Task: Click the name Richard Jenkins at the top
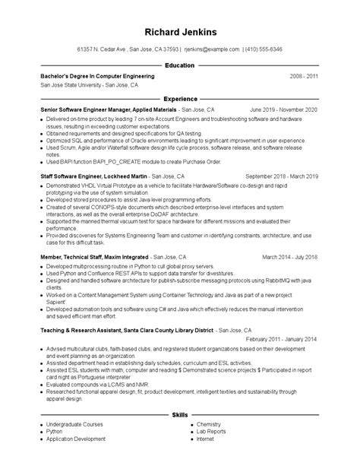coord(180,32)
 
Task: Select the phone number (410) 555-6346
coord(263,49)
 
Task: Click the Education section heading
coord(180,65)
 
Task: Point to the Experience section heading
coord(180,99)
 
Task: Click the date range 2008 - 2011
coord(304,77)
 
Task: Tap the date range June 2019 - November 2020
coord(283,110)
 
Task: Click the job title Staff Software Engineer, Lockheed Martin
coord(84,176)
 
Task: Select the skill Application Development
coord(75,439)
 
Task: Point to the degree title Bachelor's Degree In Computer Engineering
coord(97,77)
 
